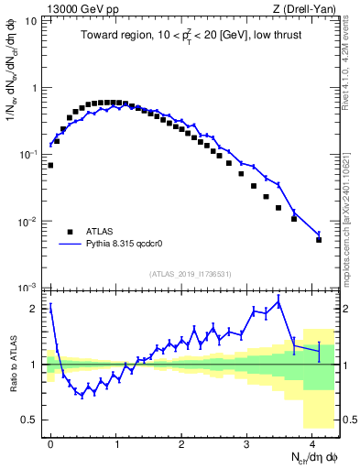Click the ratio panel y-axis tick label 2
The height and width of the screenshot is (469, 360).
coord(34,309)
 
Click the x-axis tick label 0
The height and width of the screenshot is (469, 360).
coord(51,442)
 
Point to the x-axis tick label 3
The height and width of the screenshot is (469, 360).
coord(247,442)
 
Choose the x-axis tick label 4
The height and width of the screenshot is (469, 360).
coord(312,442)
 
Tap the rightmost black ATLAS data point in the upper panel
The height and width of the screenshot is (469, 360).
coord(319,240)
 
